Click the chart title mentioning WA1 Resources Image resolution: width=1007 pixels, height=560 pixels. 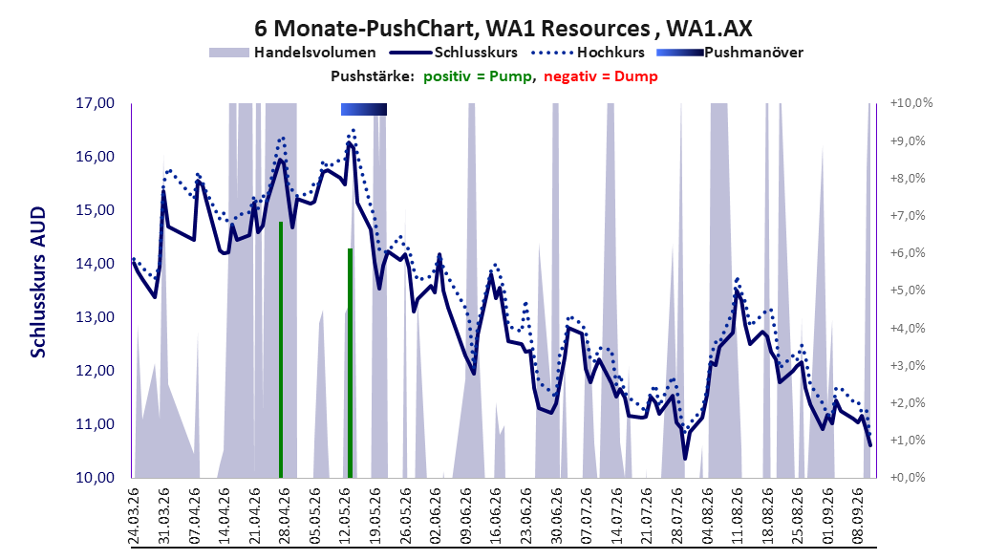503,29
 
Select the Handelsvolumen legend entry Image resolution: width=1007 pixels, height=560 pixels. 293,53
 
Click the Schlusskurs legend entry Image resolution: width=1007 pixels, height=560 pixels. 454,53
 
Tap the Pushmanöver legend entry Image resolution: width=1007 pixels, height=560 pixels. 730,53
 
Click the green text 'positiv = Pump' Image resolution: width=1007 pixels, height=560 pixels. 478,76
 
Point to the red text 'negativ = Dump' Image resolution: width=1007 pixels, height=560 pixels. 601,76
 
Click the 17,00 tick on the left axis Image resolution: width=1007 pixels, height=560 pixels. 95,103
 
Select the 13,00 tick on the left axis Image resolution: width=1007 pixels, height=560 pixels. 95,317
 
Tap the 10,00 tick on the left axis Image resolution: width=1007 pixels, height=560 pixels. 95,478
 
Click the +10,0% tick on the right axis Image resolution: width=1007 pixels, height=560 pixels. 911,103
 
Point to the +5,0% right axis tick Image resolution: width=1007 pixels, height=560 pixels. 908,291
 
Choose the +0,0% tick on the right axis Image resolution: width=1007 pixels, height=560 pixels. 908,478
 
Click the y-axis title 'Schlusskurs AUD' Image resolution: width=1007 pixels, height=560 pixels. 38,282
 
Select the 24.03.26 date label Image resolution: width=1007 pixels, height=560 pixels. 134,516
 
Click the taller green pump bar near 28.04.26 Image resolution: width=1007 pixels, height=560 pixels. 281,350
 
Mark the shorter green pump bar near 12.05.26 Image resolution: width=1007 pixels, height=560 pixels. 350,363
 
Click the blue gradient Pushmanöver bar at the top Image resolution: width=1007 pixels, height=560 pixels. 363,109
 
